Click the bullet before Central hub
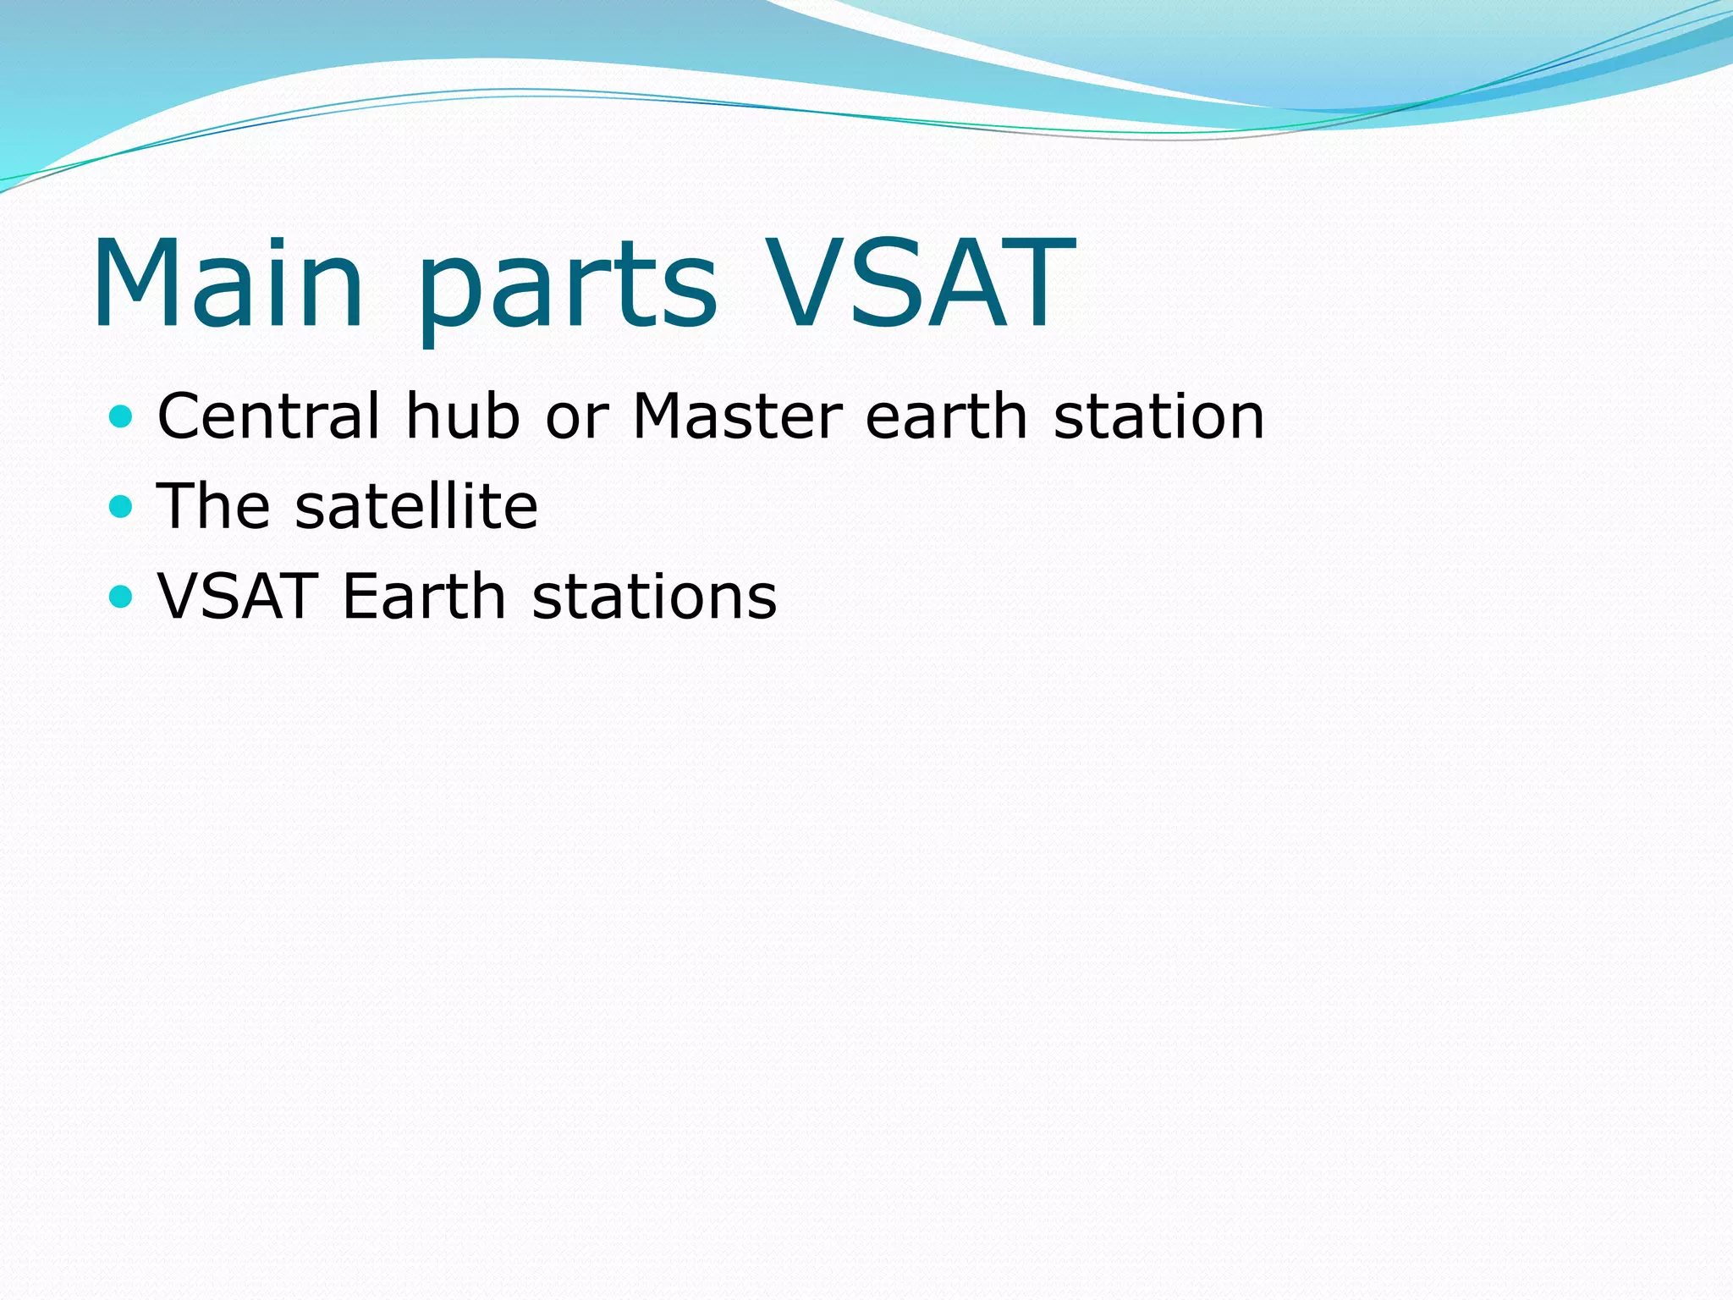pyautogui.click(x=122, y=416)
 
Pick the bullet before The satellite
pyautogui.click(x=122, y=506)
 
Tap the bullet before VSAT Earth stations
pyautogui.click(x=122, y=597)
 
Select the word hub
pyautogui.click(x=462, y=416)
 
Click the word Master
pyautogui.click(x=737, y=416)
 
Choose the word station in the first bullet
pyautogui.click(x=1158, y=416)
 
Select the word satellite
pyautogui.click(x=416, y=506)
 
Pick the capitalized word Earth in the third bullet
pyautogui.click(x=424, y=597)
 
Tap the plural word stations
pyautogui.click(x=654, y=597)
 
